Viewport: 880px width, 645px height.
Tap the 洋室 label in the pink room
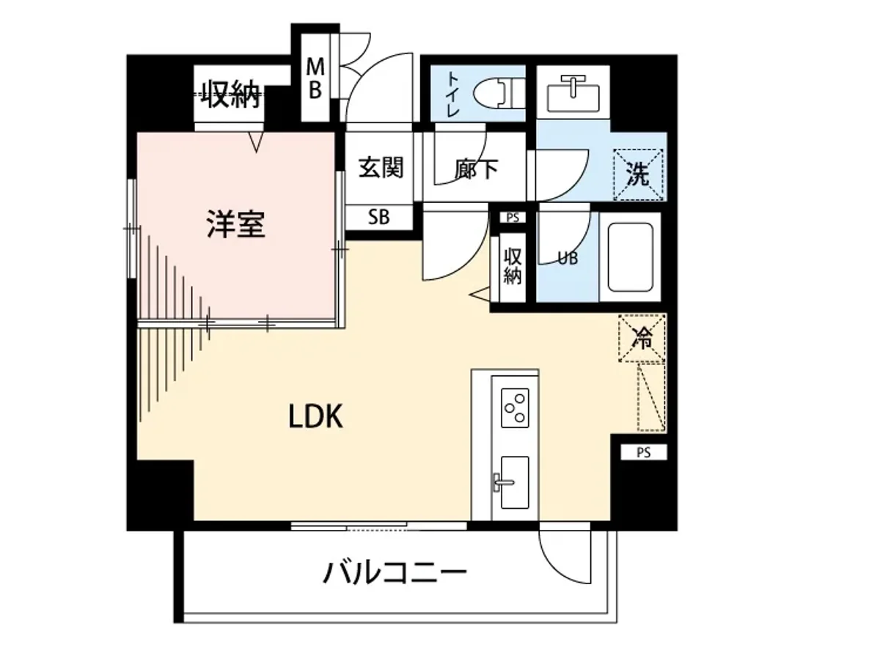click(235, 224)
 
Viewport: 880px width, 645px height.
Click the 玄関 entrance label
click(381, 168)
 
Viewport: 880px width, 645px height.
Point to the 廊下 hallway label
click(477, 169)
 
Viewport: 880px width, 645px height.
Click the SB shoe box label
click(379, 217)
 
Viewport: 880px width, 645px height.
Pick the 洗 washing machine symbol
click(638, 174)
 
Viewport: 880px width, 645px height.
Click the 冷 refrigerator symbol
click(642, 338)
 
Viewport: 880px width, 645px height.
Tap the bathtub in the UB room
click(630, 257)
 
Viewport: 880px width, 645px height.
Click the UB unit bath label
click(567, 258)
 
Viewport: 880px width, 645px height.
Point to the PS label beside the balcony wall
click(643, 452)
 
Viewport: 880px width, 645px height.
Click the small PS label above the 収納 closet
click(512, 217)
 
